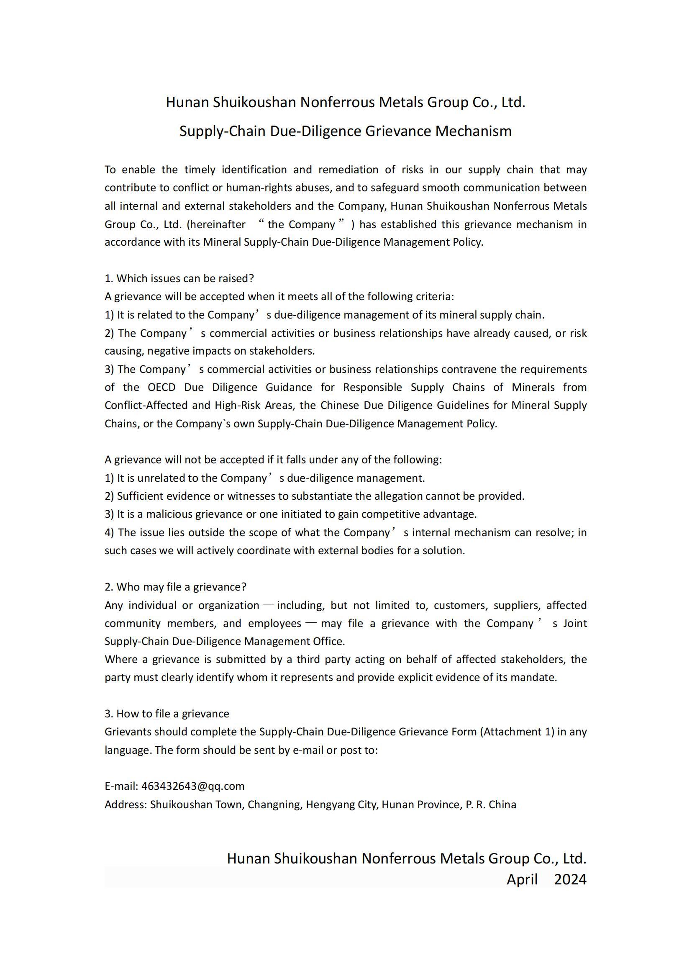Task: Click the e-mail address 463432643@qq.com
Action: (192, 786)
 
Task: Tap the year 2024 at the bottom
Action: (570, 879)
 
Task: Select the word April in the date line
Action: (522, 879)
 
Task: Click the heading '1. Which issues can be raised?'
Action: (179, 278)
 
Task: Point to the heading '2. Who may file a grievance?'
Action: (176, 587)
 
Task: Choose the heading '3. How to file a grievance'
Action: (167, 714)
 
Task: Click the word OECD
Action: (161, 387)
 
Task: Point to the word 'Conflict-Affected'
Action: (146, 405)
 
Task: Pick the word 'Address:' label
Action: (126, 804)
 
